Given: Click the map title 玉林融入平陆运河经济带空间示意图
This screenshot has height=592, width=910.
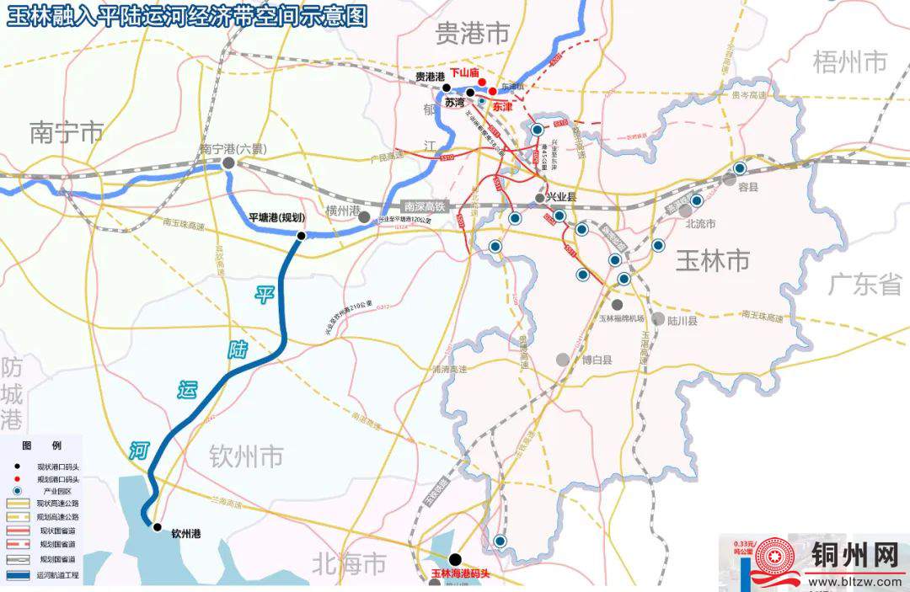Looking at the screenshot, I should [187, 16].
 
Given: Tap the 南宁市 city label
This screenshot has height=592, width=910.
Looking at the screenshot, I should [67, 132].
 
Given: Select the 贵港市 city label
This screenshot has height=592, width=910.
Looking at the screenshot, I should [473, 33].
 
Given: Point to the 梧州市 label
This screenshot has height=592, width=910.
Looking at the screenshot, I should [850, 61].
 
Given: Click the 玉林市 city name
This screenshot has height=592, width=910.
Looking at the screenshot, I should [712, 261].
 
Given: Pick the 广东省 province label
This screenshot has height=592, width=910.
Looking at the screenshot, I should [864, 285].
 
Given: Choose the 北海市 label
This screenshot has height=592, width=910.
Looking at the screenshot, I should [349, 562].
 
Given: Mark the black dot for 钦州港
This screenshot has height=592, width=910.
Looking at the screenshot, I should [157, 527].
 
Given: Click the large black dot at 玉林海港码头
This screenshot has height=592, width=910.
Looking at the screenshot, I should [455, 558].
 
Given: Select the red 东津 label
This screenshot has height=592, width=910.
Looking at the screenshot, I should [502, 108].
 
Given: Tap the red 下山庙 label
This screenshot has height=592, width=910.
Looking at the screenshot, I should [464, 74].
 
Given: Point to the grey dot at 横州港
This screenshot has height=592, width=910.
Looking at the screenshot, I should [363, 217].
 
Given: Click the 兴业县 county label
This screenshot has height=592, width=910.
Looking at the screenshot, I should [566, 196].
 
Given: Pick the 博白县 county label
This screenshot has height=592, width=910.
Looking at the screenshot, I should [596, 360].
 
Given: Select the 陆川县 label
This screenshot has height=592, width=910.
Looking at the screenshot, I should [682, 320].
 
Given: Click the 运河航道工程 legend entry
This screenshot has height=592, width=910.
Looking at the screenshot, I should [57, 575].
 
